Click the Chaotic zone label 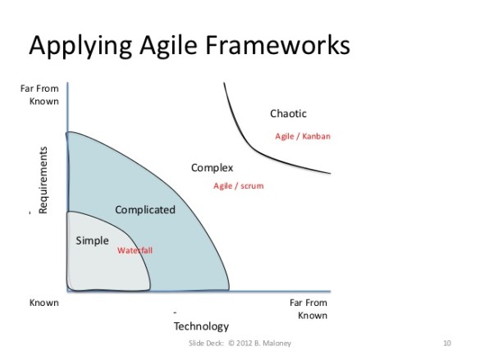pos(288,113)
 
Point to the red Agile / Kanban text pos(302,136)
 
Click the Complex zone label pos(212,167)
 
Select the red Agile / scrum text pos(238,186)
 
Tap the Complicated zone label pos(144,209)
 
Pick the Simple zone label pos(92,240)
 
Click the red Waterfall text pos(135,249)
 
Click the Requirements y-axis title pos(43,180)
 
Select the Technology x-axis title pos(201,326)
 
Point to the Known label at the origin pos(43,303)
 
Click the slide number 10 pos(446,341)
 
